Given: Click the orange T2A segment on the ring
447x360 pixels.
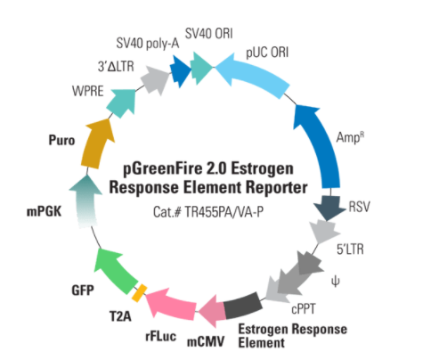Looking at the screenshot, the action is tap(139, 293).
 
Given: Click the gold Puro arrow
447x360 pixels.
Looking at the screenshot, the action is tap(96, 144).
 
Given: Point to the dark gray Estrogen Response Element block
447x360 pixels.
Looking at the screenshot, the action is tap(242, 306).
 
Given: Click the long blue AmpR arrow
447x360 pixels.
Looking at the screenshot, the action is tap(321, 144).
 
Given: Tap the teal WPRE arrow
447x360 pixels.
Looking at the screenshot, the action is tap(122, 102).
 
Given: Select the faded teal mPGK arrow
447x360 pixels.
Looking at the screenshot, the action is tap(85, 201).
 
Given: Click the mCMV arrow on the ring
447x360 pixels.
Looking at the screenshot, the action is tap(212, 312).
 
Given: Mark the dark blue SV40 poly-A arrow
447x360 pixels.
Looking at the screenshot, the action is tap(180, 70).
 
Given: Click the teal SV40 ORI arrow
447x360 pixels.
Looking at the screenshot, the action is tap(201, 68).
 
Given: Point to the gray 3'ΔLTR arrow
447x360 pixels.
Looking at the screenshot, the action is tap(155, 79).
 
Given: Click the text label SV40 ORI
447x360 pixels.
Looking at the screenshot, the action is tap(209, 34).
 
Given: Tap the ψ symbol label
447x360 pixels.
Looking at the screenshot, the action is tap(336, 281).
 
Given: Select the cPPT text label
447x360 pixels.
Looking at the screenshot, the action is tap(304, 309).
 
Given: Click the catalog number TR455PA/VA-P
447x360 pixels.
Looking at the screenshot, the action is tap(224, 212).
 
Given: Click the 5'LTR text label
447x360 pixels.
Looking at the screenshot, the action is tap(350, 250).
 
